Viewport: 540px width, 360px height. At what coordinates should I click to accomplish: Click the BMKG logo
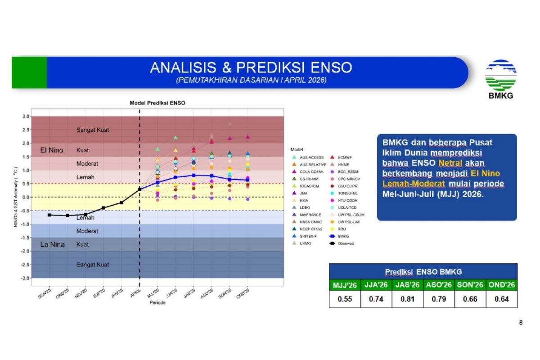click(x=500, y=79)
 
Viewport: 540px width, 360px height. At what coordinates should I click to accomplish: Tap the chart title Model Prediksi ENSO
click(x=157, y=103)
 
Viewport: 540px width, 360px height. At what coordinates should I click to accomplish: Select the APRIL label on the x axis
click(x=135, y=293)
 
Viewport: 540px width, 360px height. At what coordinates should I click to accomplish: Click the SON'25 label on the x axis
click(x=45, y=295)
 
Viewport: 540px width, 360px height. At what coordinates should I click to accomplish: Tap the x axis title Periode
click(x=157, y=303)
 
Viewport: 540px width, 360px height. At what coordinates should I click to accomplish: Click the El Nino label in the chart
click(x=52, y=150)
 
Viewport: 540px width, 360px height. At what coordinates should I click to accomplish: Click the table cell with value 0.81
click(x=407, y=299)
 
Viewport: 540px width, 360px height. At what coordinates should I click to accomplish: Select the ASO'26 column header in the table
click(x=439, y=285)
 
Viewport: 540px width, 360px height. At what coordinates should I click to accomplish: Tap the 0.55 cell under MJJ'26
click(x=345, y=299)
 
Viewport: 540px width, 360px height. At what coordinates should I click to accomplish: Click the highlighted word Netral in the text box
click(x=447, y=162)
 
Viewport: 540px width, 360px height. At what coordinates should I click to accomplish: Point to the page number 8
click(x=521, y=322)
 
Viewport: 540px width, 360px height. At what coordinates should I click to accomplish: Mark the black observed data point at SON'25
click(x=49, y=215)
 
